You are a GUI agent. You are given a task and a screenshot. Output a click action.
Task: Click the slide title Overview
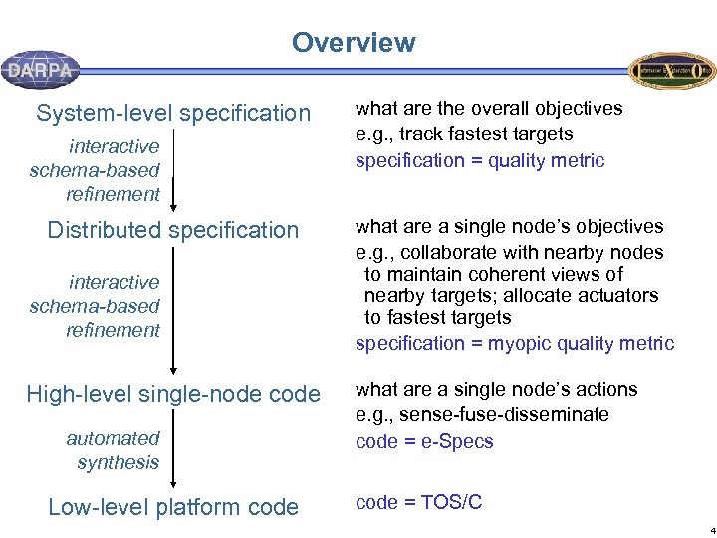[353, 43]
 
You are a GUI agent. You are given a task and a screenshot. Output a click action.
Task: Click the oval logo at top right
[671, 71]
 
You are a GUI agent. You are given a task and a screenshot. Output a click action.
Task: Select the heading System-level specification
[173, 113]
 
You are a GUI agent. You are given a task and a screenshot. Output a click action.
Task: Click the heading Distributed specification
[173, 230]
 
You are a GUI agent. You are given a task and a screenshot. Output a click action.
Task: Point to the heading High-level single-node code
[173, 394]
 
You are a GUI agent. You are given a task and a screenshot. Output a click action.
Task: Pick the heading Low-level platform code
[173, 507]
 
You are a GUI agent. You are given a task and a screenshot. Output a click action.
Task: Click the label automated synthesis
[113, 450]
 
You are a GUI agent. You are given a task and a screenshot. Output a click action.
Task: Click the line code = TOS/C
[418, 502]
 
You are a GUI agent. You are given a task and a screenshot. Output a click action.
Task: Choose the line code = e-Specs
[424, 441]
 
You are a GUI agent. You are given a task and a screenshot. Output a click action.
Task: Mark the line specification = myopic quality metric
[514, 343]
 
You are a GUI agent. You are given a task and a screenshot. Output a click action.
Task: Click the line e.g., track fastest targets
[464, 134]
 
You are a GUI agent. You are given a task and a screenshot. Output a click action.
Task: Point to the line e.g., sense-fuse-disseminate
[482, 414]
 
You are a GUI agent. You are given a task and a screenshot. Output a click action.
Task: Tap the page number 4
[711, 530]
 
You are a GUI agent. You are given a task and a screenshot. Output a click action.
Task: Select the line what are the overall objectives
[489, 108]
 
